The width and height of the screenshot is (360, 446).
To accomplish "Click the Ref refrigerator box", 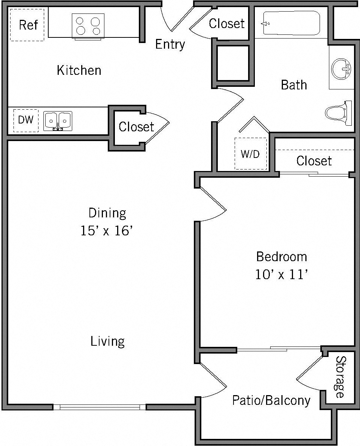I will [x=27, y=25].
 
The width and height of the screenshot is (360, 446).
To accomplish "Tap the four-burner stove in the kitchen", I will [x=88, y=26].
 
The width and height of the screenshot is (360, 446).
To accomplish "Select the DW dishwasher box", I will [x=26, y=120].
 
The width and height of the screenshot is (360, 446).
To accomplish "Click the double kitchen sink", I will [x=58, y=120].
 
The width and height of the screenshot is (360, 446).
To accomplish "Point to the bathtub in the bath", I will [x=291, y=24].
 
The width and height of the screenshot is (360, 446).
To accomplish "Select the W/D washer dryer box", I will [x=250, y=153].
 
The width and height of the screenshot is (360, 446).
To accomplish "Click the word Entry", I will [x=170, y=44].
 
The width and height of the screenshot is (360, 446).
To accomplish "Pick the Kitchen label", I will [x=79, y=70].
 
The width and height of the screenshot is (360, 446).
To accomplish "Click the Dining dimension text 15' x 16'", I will [x=107, y=231].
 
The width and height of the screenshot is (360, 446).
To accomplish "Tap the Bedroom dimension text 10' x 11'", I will [x=281, y=275].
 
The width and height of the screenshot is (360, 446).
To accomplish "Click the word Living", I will [x=107, y=341].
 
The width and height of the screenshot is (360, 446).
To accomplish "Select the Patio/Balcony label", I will [x=271, y=400].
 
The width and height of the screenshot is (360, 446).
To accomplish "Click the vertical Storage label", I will [x=340, y=377].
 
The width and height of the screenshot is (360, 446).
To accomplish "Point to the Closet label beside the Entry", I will [x=227, y=24].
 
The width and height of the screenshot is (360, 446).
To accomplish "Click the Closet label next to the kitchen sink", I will [x=136, y=127].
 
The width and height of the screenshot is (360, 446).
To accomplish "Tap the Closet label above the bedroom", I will [x=314, y=161].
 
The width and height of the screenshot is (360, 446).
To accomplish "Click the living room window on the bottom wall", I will [x=99, y=407].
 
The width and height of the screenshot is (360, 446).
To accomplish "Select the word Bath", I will [x=294, y=85].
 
